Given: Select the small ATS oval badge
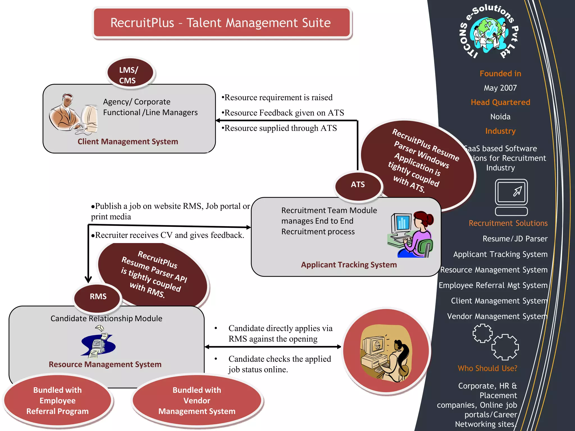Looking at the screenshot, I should (x=358, y=185).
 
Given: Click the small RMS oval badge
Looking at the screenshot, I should (x=98, y=297).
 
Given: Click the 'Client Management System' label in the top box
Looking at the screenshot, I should (x=128, y=141).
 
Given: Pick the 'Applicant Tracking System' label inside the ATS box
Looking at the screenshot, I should (x=349, y=265).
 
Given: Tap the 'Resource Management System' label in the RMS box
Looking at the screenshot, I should (x=105, y=364).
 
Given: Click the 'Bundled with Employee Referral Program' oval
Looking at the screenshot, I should (x=58, y=400).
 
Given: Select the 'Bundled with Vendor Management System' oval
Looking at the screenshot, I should (x=197, y=400).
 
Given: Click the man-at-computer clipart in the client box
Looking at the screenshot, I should (x=73, y=114).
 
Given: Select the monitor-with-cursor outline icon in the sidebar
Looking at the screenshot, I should (x=511, y=197).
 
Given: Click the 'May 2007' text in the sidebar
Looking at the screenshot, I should (x=500, y=88).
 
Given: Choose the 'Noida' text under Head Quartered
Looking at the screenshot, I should (x=500, y=117).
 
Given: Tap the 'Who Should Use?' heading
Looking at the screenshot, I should (x=487, y=368).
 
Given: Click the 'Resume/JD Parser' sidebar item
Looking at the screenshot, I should (x=515, y=239).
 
